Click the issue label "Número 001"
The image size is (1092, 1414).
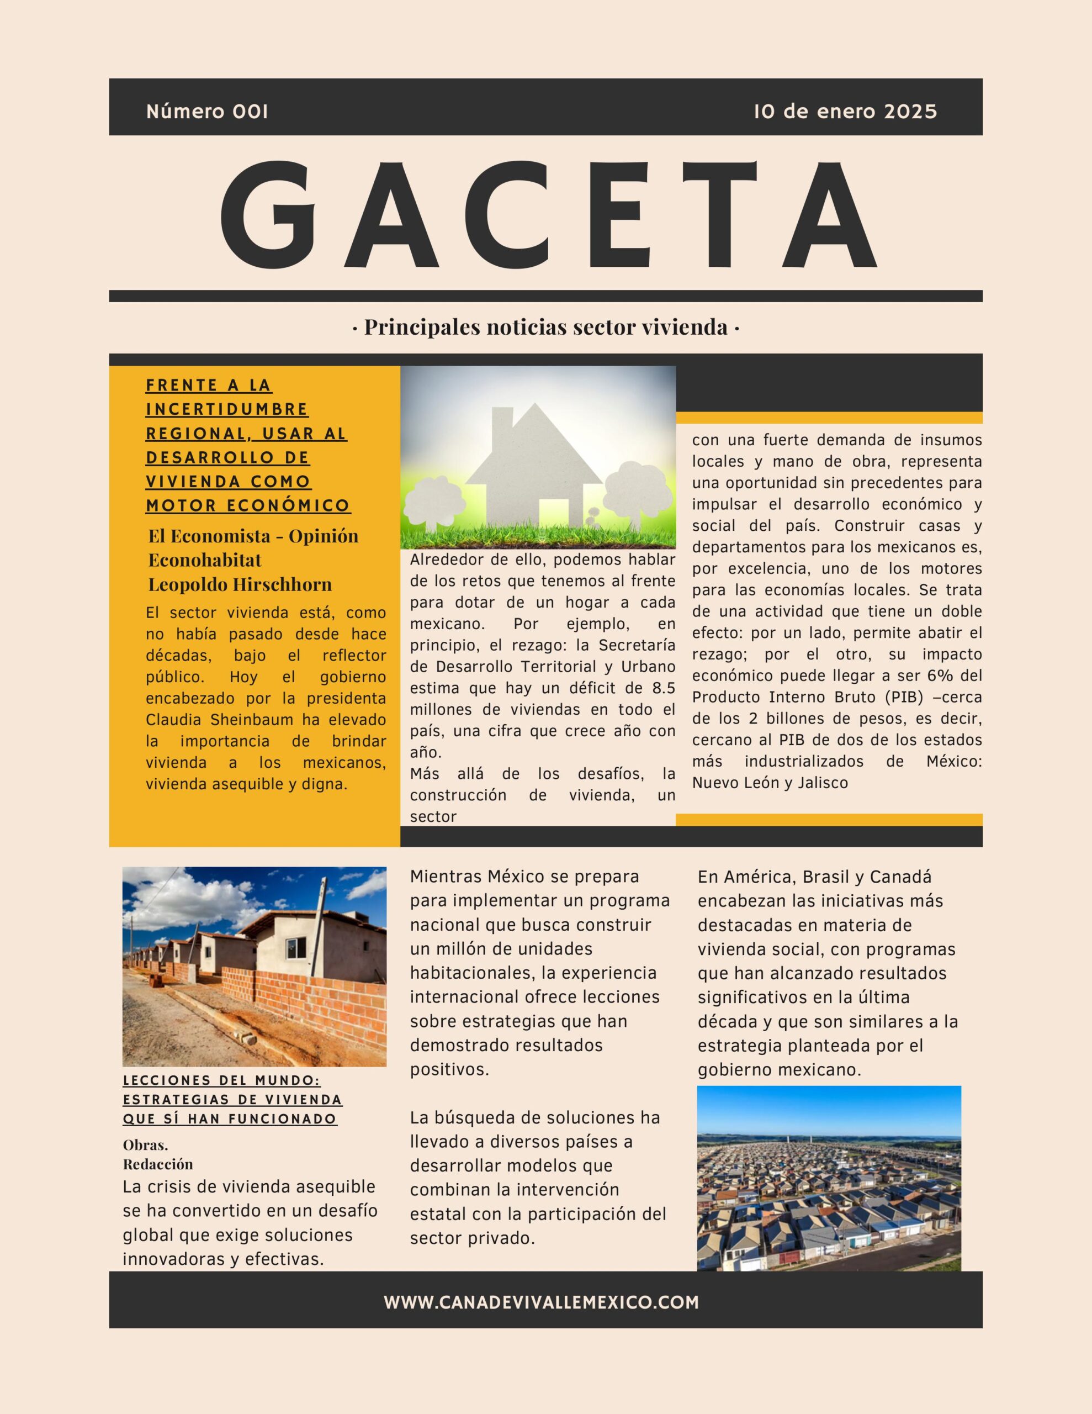point(207,112)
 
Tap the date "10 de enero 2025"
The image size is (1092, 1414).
point(845,112)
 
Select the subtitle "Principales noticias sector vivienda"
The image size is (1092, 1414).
point(545,328)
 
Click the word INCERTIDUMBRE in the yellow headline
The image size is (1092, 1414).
point(226,409)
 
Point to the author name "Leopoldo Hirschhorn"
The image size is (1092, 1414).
point(240,584)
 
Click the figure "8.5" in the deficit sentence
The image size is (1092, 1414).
point(662,688)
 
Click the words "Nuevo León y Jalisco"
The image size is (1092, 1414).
point(770,783)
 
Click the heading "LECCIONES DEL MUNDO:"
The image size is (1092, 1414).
point(221,1080)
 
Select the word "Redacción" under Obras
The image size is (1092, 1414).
point(158,1164)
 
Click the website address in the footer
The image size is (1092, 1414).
point(541,1302)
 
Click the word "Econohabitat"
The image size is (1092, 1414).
point(205,560)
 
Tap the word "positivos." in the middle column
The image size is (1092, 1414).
point(449,1069)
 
